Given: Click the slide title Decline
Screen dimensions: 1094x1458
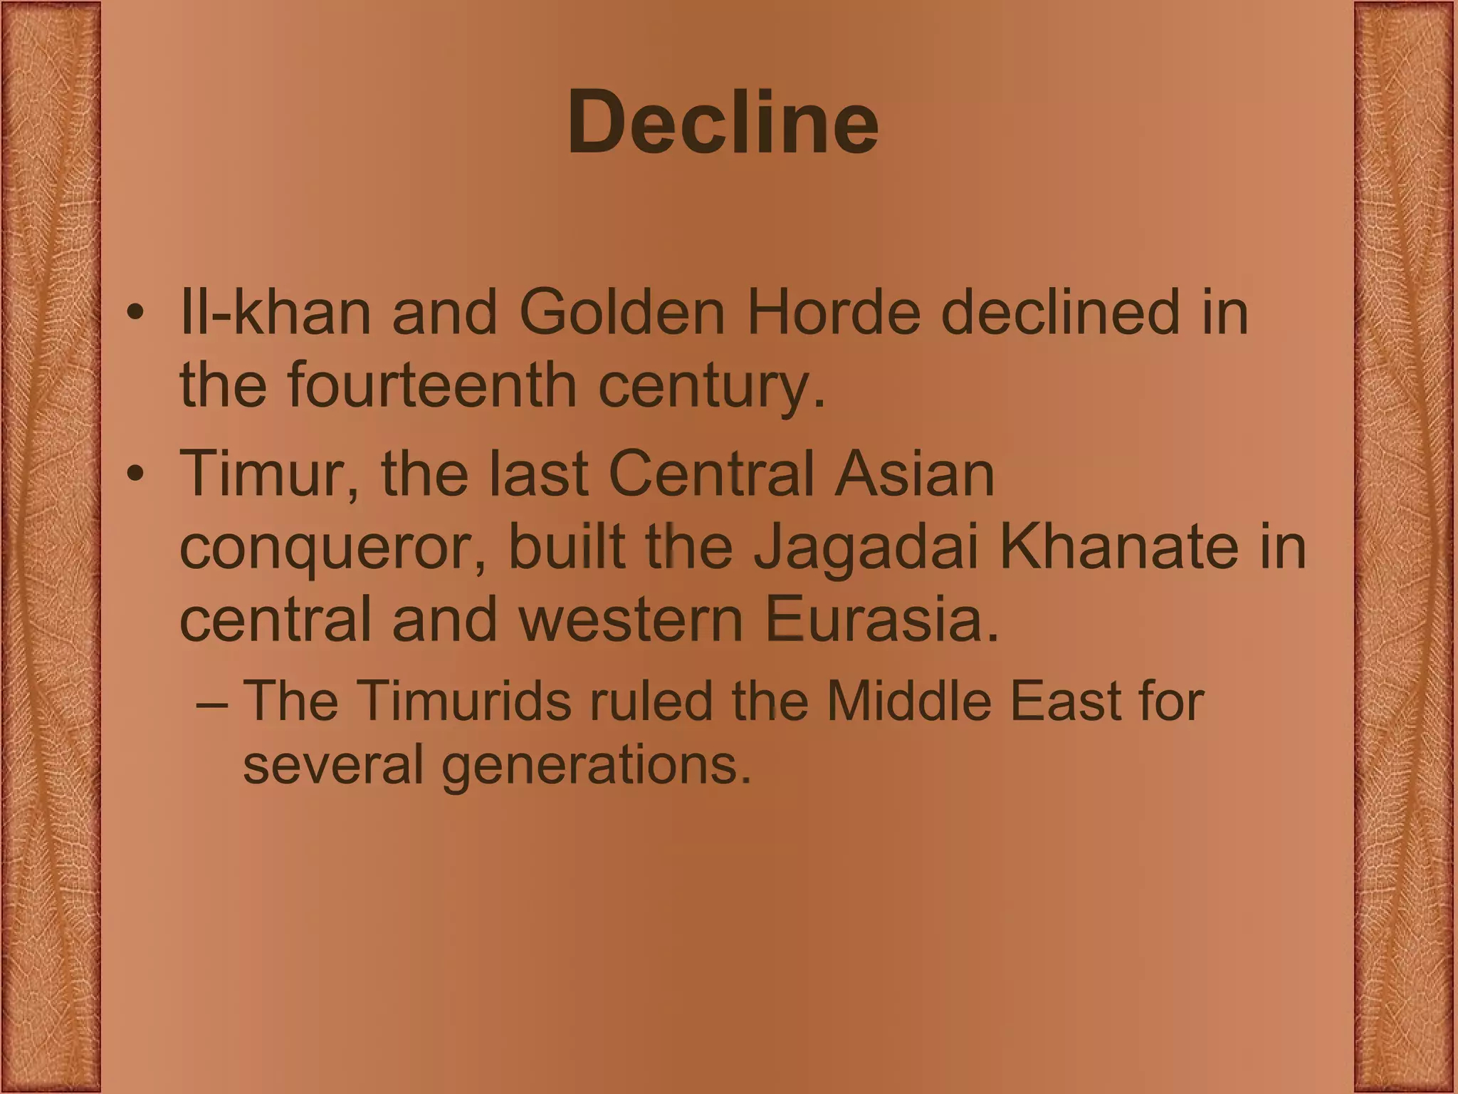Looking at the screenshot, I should click(723, 123).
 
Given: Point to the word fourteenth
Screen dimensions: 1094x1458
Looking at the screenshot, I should click(432, 385).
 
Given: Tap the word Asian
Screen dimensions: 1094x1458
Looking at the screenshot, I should click(914, 474).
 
